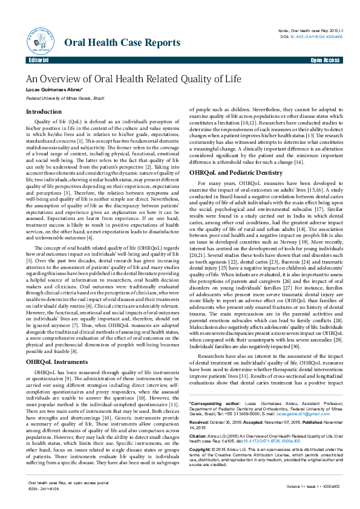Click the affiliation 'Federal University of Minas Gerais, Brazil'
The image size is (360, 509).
coord(65,97)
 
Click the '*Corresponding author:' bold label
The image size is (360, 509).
coord(209,385)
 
